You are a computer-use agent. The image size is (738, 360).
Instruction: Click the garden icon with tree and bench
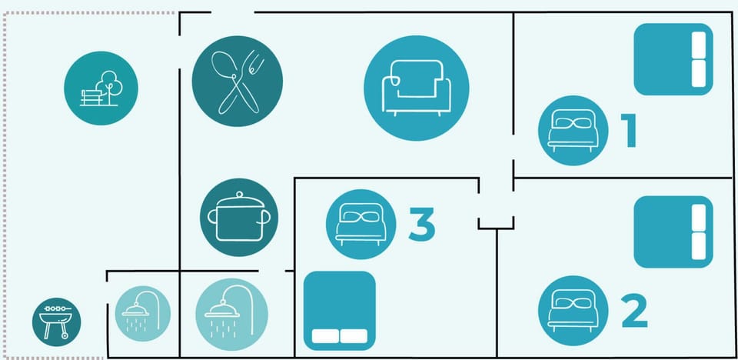click(x=101, y=88)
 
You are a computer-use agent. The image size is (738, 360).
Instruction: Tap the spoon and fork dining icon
click(x=238, y=81)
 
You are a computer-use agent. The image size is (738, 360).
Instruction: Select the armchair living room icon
click(x=416, y=88)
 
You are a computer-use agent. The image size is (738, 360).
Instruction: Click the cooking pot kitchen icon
click(x=239, y=217)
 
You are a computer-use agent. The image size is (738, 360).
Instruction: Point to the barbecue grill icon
click(x=56, y=322)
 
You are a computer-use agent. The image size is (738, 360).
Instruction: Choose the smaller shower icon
click(x=143, y=314)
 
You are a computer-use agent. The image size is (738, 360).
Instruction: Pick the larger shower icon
click(x=231, y=315)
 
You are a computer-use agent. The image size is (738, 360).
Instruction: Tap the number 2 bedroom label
click(x=634, y=311)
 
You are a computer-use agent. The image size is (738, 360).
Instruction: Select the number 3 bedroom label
click(x=422, y=224)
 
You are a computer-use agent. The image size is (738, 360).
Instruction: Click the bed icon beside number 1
click(x=573, y=131)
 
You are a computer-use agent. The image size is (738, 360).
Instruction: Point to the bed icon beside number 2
click(x=573, y=311)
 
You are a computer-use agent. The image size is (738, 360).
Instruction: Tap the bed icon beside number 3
click(x=361, y=225)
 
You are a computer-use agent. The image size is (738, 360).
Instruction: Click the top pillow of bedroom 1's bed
click(x=699, y=45)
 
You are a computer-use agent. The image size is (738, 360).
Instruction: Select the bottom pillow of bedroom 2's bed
click(x=699, y=246)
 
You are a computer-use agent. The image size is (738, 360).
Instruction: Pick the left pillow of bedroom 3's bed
click(x=325, y=336)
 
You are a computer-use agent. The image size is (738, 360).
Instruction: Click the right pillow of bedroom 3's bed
click(x=354, y=336)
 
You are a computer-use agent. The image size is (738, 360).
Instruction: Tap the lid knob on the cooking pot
click(x=239, y=194)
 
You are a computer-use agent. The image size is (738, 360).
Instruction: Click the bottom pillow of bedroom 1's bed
click(x=699, y=74)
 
